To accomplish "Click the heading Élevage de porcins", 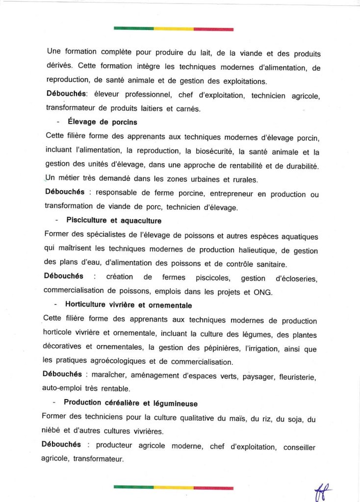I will [103, 123].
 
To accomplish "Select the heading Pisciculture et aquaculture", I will [114, 221].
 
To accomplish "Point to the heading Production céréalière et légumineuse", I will [130, 403].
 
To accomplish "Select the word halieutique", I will [249, 251].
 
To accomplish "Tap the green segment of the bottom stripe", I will [133, 487].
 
